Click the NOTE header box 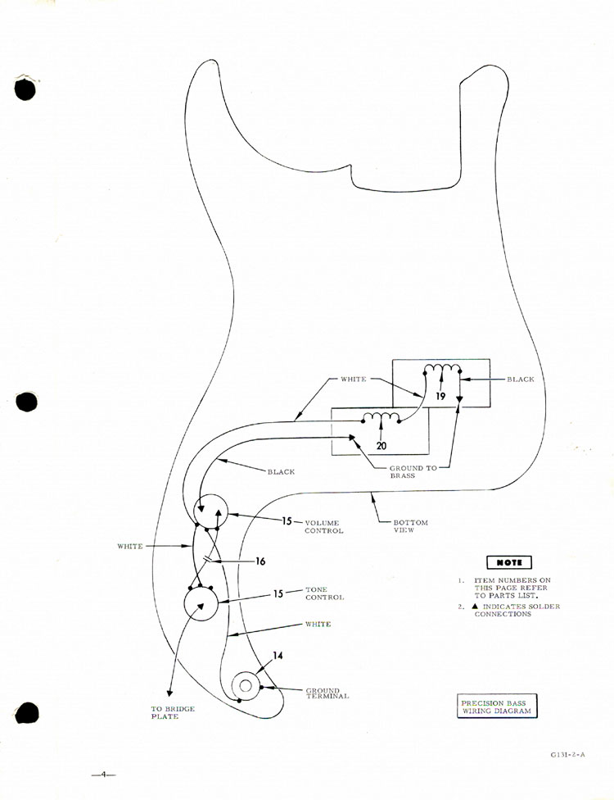tap(508, 562)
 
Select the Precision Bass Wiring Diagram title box tap(496, 707)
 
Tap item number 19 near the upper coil tap(440, 396)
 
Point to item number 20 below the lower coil tap(381, 446)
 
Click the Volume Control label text tap(323, 526)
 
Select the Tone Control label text tap(324, 593)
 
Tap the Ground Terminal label tap(327, 693)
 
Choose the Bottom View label tap(410, 526)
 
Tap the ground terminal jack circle tap(246, 683)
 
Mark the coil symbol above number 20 tap(381, 419)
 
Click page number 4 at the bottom tap(104, 774)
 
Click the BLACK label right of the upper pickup tap(521, 380)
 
